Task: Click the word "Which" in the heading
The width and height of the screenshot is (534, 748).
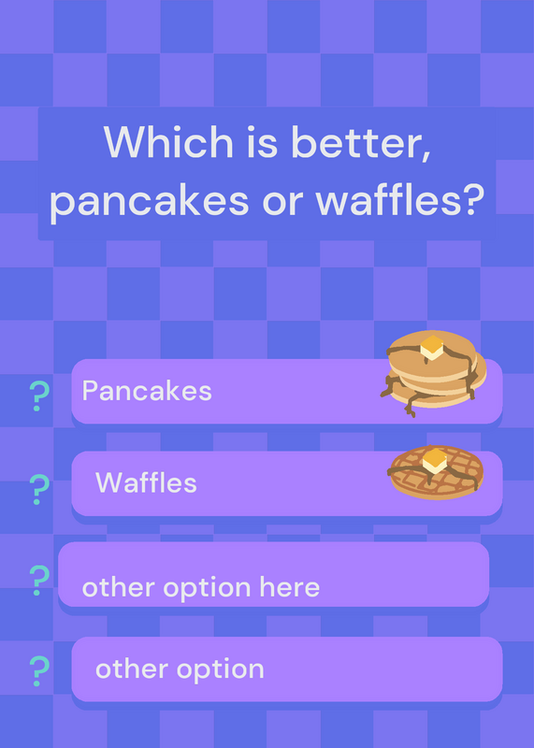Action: (x=168, y=142)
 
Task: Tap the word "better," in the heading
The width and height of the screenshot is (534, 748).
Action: (x=361, y=143)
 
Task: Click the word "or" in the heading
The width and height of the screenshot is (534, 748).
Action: (x=282, y=202)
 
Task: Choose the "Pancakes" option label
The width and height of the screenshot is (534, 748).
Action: (x=147, y=391)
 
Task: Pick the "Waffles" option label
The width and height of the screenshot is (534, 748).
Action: (x=146, y=482)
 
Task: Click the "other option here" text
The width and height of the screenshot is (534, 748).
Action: (x=201, y=588)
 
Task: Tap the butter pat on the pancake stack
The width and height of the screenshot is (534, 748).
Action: (x=432, y=347)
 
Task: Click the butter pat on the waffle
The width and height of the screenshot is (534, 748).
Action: (x=435, y=460)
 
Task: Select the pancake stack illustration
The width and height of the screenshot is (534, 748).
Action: (x=433, y=373)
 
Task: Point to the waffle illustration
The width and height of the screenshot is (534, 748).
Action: (x=436, y=472)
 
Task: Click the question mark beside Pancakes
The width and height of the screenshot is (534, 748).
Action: (x=39, y=396)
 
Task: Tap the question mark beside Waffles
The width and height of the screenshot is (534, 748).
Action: (x=39, y=489)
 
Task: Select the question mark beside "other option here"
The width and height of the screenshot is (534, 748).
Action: (x=39, y=580)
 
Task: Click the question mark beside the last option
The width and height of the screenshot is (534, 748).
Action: (x=39, y=671)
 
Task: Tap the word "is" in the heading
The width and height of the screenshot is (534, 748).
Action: (x=262, y=142)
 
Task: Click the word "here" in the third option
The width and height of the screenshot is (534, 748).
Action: (x=289, y=586)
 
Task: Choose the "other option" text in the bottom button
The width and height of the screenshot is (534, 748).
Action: (x=180, y=669)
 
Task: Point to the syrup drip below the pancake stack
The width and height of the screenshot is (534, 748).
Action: (x=410, y=407)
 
